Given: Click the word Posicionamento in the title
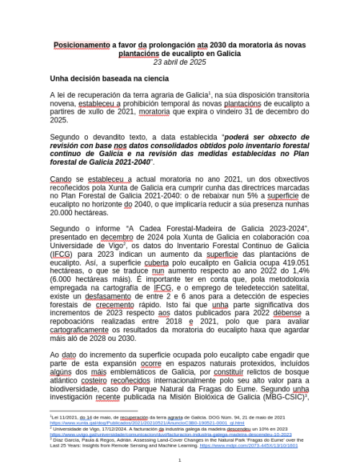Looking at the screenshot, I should click(x=81, y=45).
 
